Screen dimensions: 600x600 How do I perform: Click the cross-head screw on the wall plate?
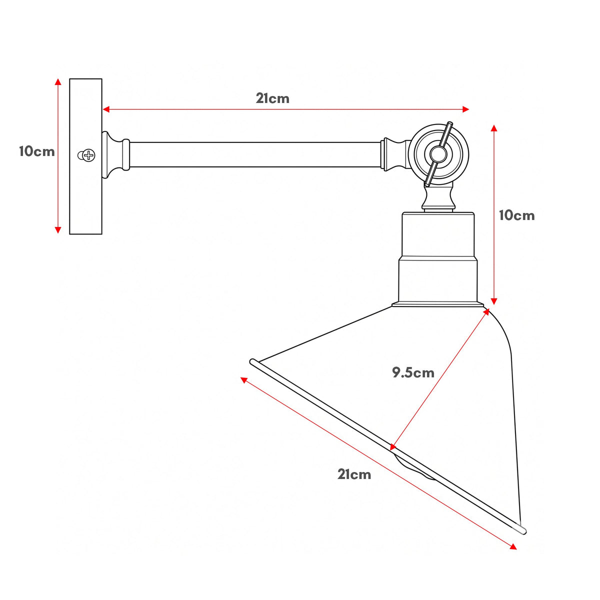click(86, 155)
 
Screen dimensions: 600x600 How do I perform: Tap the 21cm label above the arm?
click(272, 98)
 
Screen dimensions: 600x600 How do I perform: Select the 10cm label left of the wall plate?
click(36, 151)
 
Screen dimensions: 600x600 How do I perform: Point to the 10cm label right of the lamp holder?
click(517, 215)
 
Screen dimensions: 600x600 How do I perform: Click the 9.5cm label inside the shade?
click(413, 372)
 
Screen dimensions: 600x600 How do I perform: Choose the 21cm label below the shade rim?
click(354, 474)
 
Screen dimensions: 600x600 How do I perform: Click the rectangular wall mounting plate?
click(85, 156)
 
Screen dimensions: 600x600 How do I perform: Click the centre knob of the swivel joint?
click(438, 154)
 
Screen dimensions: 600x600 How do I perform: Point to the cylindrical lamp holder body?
click(438, 258)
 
